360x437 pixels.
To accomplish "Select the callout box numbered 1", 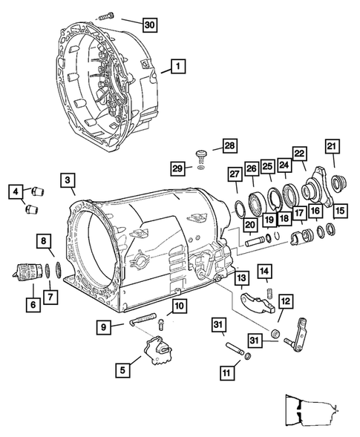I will [177, 67].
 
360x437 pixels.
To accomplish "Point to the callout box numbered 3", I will [67, 180].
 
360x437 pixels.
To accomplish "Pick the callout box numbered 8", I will [45, 240].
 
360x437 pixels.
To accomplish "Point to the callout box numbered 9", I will [106, 326].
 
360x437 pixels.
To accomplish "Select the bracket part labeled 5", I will [159, 349].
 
